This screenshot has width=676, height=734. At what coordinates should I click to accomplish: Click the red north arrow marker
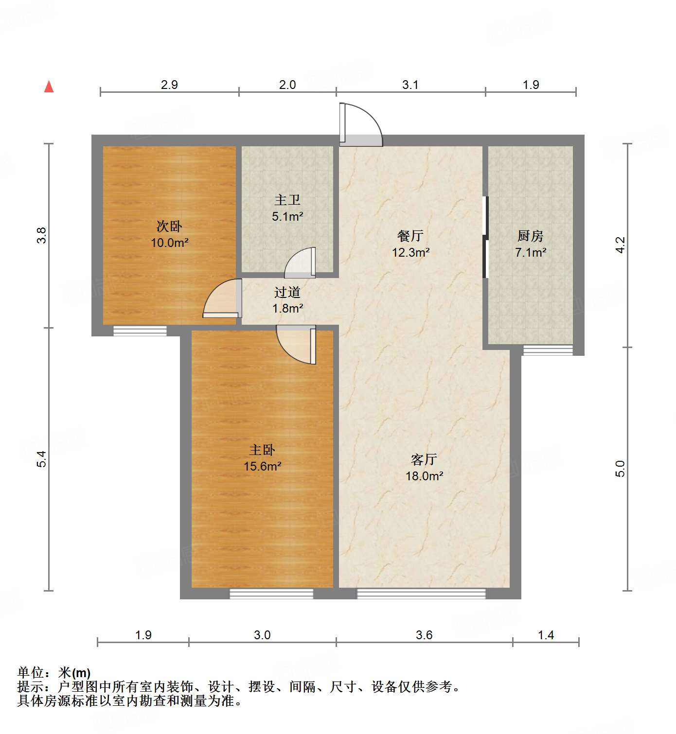coord(49,87)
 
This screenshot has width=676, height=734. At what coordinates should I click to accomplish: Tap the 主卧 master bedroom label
coord(262,450)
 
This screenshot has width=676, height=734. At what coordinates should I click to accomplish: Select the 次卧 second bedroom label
coord(169,226)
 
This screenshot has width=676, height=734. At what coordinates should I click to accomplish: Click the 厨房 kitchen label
coord(530,236)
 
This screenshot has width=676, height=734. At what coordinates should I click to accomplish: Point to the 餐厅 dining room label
coord(410,236)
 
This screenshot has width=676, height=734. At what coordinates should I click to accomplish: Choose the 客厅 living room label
coord(424,459)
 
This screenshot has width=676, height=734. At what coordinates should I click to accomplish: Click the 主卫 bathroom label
coord(287,200)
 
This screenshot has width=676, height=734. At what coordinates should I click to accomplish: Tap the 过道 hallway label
coord(287,292)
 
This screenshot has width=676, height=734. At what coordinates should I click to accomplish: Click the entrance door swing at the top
coord(361,125)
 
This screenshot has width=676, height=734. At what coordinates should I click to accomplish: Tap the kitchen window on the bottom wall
coord(548,350)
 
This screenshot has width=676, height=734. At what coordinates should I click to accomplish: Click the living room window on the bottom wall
coord(421,594)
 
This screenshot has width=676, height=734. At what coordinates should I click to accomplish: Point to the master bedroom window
coord(271,594)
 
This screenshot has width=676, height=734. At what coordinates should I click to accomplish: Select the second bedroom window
coord(140,331)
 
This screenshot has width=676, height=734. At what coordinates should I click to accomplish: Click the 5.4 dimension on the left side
coord(43,459)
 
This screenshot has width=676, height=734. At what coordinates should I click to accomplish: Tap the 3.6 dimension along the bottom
coord(424,635)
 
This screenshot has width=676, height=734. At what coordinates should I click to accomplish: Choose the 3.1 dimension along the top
coord(410,85)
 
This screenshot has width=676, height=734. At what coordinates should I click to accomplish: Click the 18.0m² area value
coord(424,476)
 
